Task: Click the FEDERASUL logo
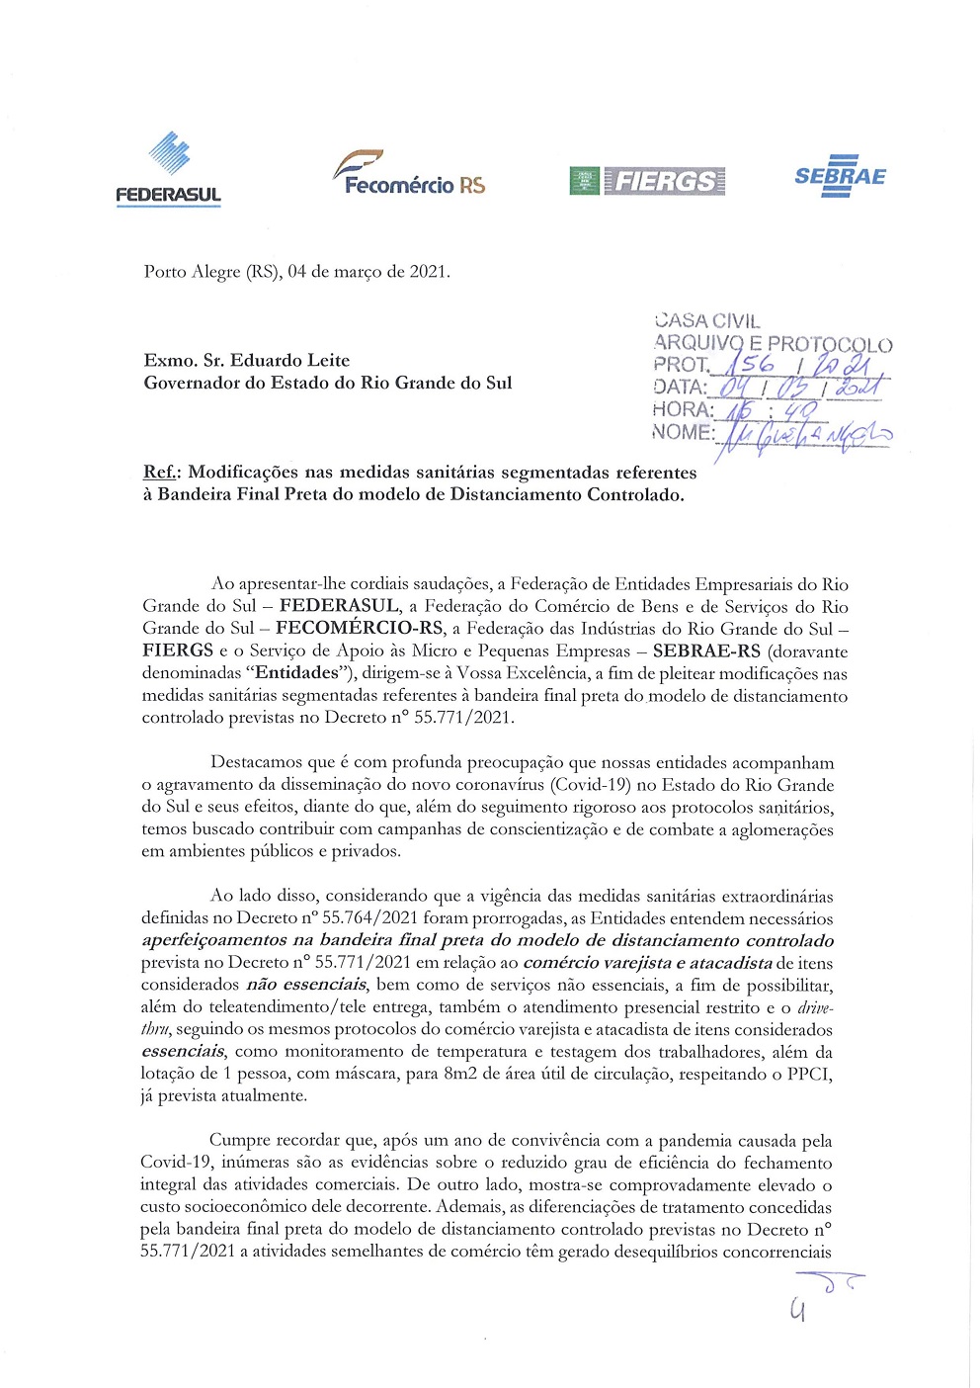[168, 170]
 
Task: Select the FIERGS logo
[647, 181]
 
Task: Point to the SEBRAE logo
[840, 176]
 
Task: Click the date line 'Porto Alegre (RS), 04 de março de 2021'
[296, 272]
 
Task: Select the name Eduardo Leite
[289, 360]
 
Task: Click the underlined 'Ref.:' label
[162, 473]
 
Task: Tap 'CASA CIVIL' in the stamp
[707, 320]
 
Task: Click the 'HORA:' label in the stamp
[683, 409]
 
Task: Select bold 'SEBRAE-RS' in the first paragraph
[706, 651]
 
